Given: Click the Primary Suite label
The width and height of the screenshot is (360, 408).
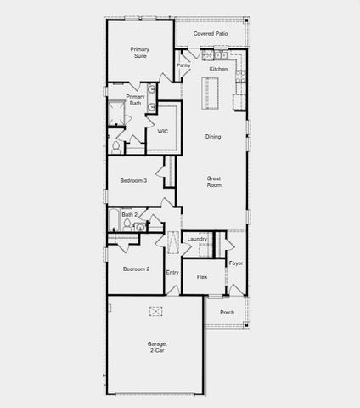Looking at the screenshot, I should (139, 54).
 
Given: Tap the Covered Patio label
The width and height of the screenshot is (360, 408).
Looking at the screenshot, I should (210, 34).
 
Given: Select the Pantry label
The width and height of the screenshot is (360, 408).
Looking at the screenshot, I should (183, 65).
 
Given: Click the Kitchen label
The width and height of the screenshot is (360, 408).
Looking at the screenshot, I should (218, 69).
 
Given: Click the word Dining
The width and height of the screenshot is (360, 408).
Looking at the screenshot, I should (213, 136).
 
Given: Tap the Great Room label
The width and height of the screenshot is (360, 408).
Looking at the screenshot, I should (214, 182).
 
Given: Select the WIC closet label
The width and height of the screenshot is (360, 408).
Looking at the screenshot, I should (162, 131).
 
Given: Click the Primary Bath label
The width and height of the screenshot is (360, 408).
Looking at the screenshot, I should (136, 99).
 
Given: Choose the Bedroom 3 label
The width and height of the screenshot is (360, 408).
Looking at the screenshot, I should (133, 180).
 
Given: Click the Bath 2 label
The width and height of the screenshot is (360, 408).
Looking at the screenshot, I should (129, 215).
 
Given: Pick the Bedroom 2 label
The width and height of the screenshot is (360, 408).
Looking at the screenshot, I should (136, 269).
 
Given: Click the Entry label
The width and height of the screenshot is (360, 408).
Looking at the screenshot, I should (172, 272).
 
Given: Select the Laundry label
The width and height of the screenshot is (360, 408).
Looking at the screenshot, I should (198, 240).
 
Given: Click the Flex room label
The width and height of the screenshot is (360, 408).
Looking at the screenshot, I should (202, 277).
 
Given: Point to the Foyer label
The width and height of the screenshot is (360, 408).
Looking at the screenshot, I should (236, 263).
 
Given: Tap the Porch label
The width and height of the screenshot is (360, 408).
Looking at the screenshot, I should (227, 312).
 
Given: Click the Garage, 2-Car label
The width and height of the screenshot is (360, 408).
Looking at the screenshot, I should (156, 347).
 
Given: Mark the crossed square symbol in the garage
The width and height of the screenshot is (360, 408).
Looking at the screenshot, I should (156, 311).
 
